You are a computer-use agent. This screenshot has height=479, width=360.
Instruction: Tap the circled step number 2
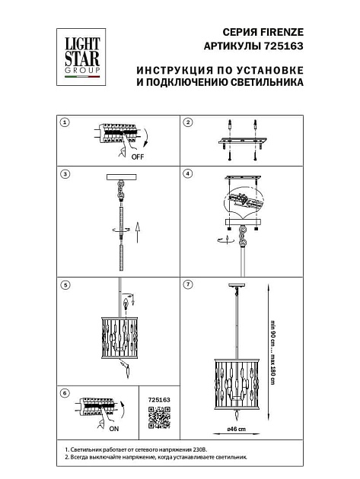click(x=188, y=122)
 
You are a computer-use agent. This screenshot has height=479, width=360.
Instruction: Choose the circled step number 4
click(x=188, y=174)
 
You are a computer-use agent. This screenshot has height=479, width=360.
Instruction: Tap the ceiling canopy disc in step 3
click(x=118, y=179)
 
